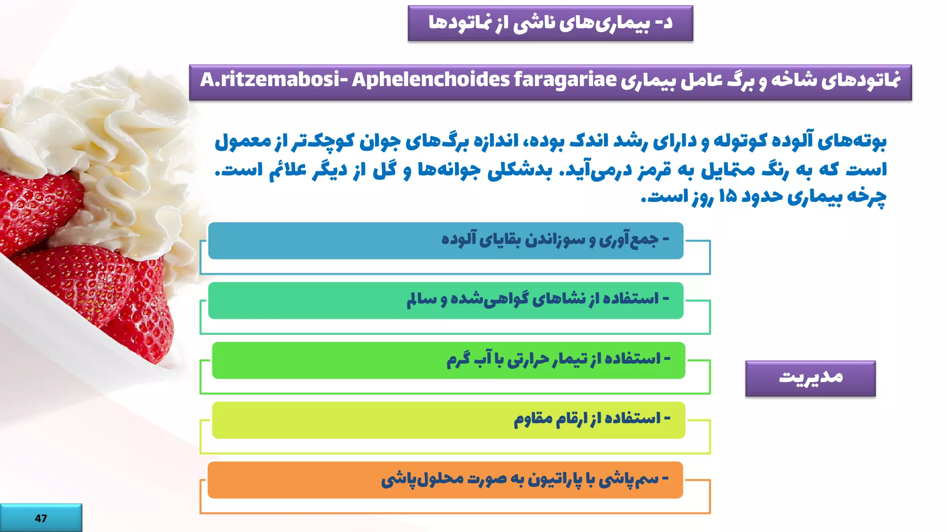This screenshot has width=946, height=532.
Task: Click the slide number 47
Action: (41, 518)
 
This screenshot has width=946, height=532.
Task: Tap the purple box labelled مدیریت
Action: (810, 378)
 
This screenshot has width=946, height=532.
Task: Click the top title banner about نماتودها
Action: (551, 23)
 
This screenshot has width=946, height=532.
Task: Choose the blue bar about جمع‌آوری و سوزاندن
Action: (446, 241)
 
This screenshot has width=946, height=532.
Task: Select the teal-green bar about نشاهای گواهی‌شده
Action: (446, 301)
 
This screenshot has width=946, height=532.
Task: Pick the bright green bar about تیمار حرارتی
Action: (448, 360)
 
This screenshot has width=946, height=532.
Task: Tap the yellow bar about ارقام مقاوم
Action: (448, 420)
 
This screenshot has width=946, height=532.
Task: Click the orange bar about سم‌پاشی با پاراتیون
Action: (445, 480)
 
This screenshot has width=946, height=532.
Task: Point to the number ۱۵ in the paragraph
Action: (727, 195)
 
